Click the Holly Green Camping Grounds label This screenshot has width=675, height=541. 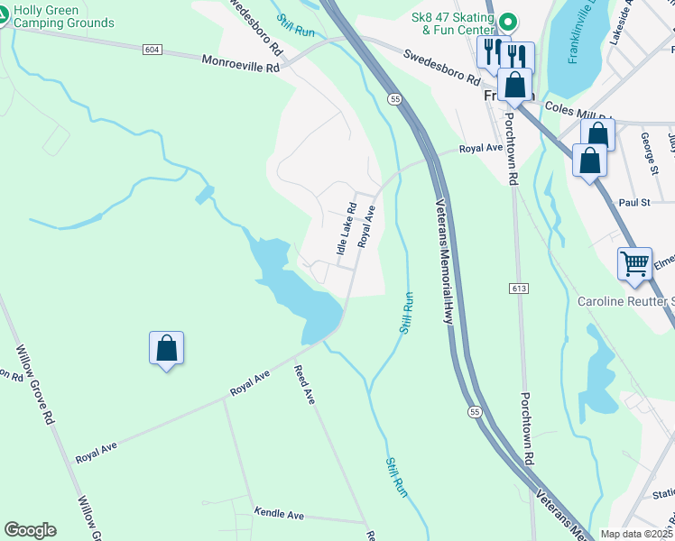[x=63, y=16]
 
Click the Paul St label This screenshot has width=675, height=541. [x=634, y=203]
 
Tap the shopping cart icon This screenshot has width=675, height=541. [x=634, y=263]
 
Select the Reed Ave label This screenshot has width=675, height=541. [x=305, y=384]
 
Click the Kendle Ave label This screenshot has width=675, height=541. [x=279, y=514]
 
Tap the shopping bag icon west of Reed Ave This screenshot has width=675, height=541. [x=167, y=348]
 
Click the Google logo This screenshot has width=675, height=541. [x=30, y=530]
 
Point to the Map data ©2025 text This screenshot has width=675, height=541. [x=636, y=534]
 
